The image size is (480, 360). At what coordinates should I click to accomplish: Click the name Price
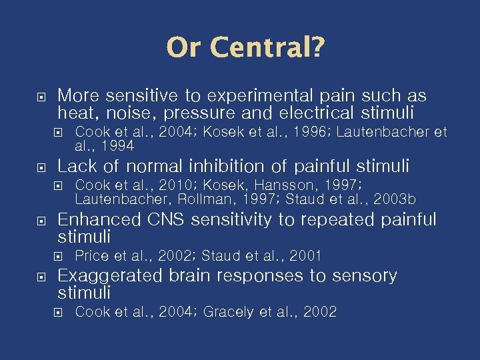click(89, 255)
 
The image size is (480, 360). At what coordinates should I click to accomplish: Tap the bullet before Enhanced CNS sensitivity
click(41, 220)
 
